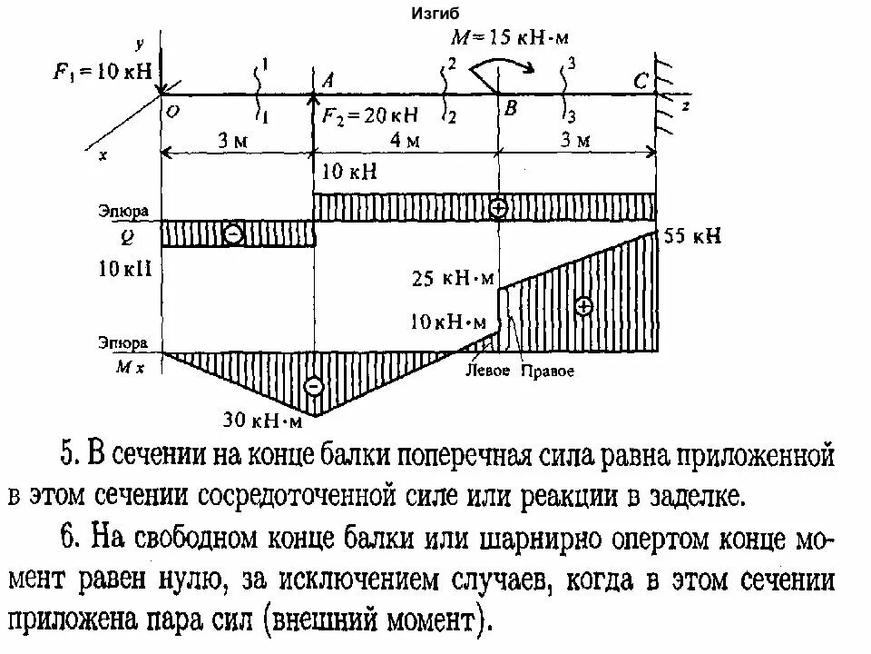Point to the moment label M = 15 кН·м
[513, 37]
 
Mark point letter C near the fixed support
[641, 82]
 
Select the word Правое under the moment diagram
[547, 372]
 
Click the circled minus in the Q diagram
[233, 233]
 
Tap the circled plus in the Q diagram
[498, 207]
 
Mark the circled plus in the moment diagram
[583, 306]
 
